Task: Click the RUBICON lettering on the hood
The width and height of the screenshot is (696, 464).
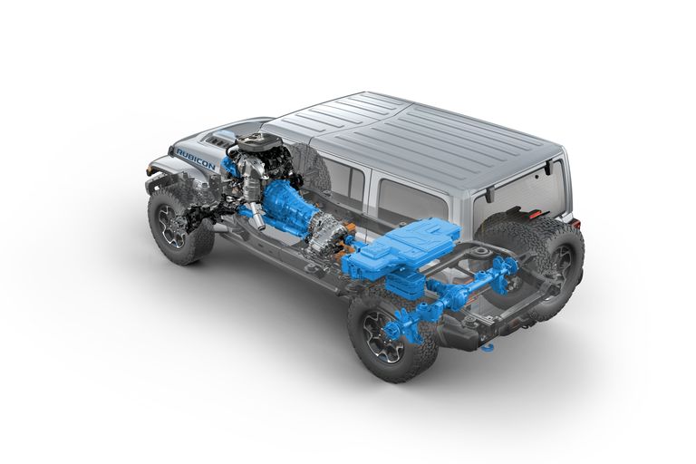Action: (196, 159)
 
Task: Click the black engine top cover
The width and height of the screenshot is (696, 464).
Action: (260, 143)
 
